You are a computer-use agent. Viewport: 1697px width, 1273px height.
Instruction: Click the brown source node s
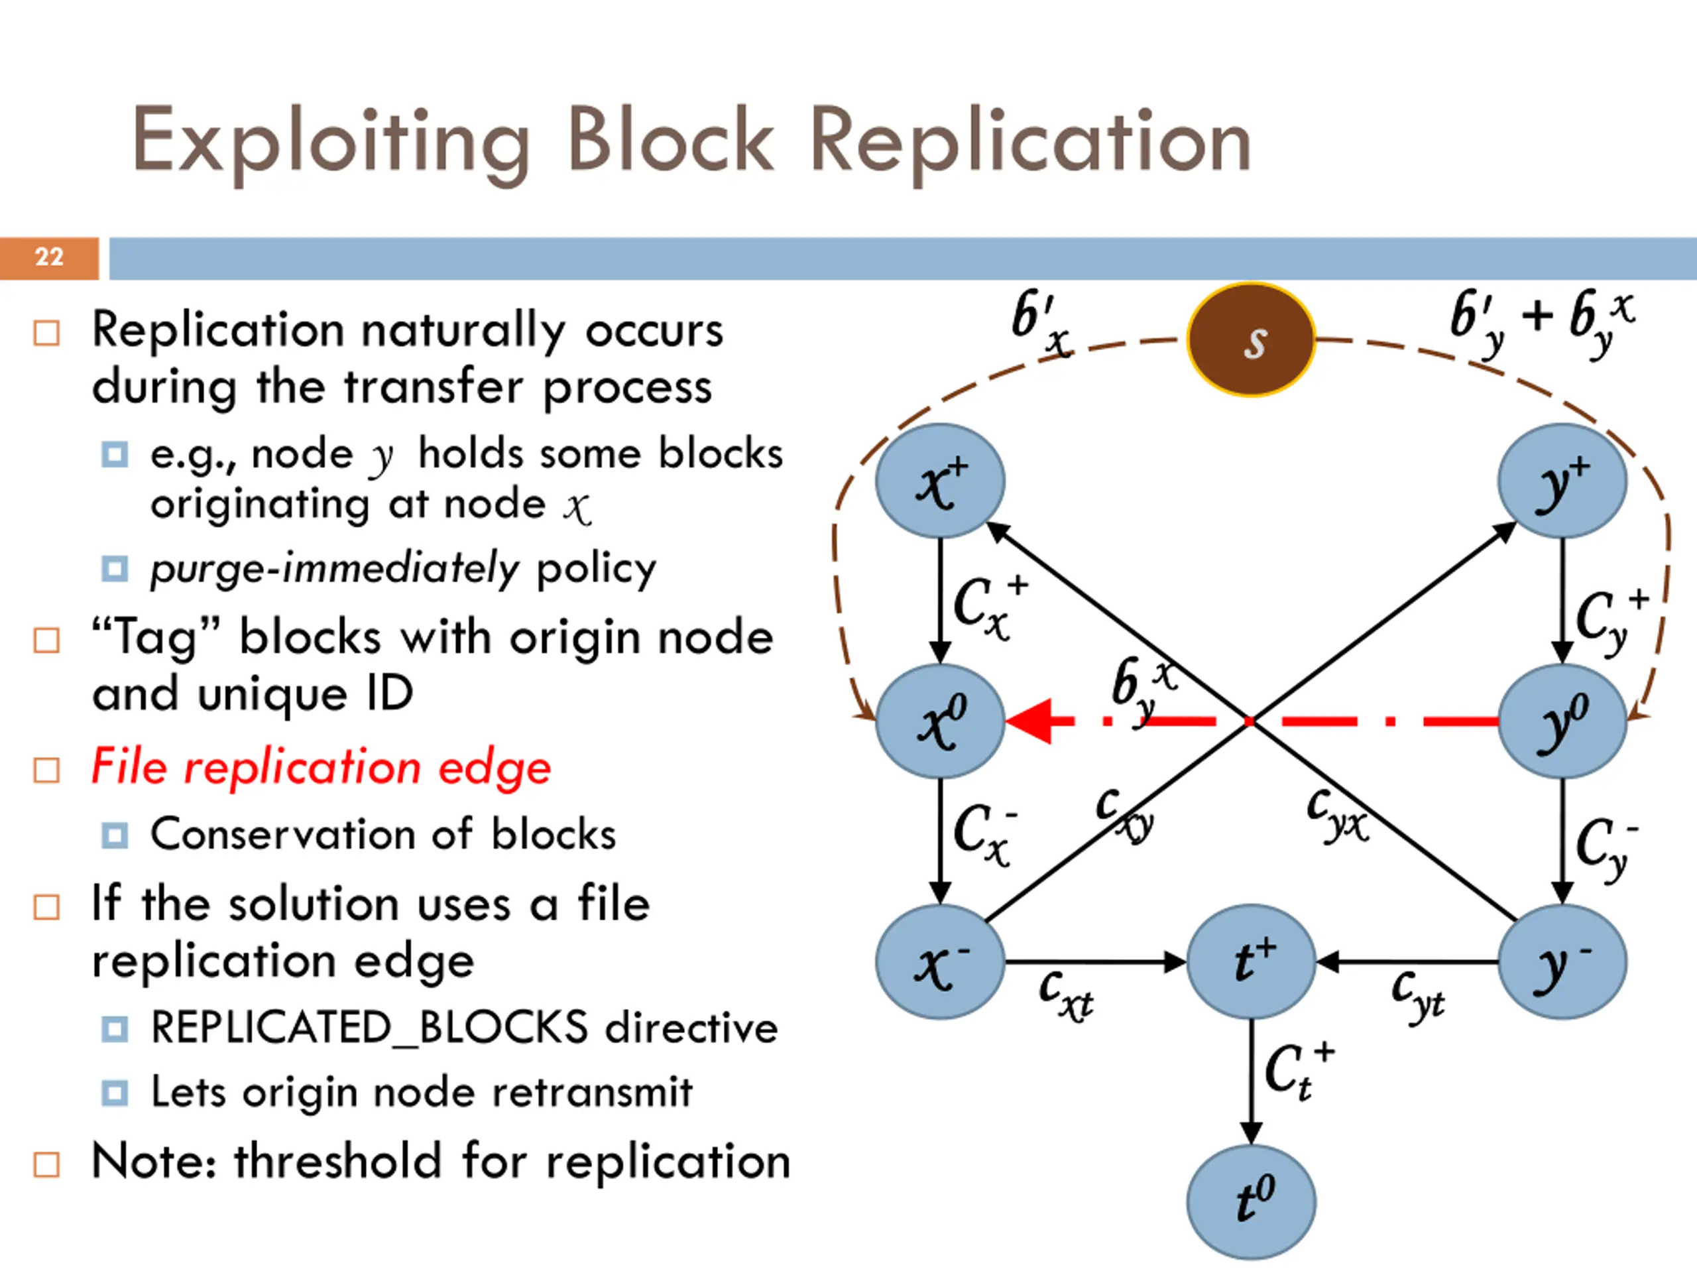pyautogui.click(x=1252, y=340)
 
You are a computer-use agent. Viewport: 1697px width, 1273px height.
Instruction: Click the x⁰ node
pyautogui.click(x=941, y=721)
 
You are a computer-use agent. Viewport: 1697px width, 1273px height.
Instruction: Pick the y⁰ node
pyautogui.click(x=1562, y=721)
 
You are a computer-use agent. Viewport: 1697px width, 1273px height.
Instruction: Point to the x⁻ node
pyautogui.click(x=941, y=961)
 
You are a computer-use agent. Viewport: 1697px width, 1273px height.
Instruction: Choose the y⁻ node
pyautogui.click(x=1562, y=961)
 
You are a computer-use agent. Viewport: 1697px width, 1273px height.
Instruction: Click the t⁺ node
pyautogui.click(x=1252, y=961)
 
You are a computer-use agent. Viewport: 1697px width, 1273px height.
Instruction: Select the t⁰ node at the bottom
pyautogui.click(x=1252, y=1201)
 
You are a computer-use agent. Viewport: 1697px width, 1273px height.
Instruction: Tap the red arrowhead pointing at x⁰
pyautogui.click(x=1029, y=721)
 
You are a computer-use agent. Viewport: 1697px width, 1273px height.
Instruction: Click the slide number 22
pyautogui.click(x=49, y=257)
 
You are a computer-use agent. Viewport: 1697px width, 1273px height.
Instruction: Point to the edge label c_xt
pyautogui.click(x=1066, y=995)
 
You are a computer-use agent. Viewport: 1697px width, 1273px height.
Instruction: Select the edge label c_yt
pyautogui.click(x=1418, y=997)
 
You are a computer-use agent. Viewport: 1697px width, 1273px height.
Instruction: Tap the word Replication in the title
pyautogui.click(x=1030, y=143)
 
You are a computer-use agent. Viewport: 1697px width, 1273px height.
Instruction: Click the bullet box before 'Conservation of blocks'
pyautogui.click(x=114, y=835)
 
